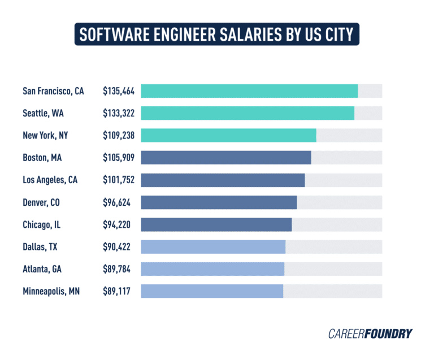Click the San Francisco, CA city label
[x=53, y=91]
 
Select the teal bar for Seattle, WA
[x=248, y=113]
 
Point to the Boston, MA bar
[x=226, y=158]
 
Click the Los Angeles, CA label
[x=50, y=180]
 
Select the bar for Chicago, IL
[x=216, y=224]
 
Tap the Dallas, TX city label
[x=40, y=247]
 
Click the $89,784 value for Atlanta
[x=116, y=269]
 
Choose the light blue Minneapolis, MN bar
[x=212, y=291]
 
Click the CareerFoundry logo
[x=370, y=333]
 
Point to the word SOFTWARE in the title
[x=106, y=34]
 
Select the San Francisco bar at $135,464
[x=249, y=91]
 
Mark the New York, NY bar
[x=228, y=136]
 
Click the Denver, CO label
[x=41, y=202]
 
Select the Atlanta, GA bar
[x=212, y=269]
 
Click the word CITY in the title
[x=335, y=34]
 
